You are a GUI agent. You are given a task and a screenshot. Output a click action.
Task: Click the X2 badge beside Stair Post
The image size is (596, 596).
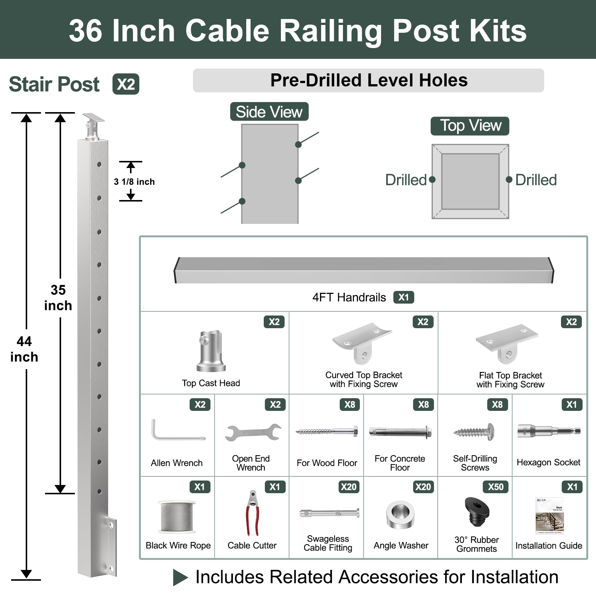pos(126,84)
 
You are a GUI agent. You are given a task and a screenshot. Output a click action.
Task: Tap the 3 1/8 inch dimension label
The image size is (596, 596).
pos(134,182)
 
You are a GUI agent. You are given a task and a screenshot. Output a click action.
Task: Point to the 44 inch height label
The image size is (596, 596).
pos(24,349)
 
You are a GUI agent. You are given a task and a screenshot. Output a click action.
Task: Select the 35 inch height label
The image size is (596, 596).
pos(58,298)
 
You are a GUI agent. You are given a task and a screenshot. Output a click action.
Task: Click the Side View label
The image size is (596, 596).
pos(269,112)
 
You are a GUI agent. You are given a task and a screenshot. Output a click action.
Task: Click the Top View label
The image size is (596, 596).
pos(470,126)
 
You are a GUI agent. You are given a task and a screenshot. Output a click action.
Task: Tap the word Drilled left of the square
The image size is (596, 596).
pos(406,180)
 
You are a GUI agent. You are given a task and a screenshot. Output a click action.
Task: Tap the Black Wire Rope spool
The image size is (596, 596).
pos(177,517)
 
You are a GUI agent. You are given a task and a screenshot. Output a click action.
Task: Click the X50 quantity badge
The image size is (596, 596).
pos(495,487)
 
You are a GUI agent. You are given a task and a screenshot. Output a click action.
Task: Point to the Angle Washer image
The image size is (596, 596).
pos(400,515)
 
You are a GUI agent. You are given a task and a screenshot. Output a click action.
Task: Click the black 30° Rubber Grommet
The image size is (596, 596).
pos(476,511)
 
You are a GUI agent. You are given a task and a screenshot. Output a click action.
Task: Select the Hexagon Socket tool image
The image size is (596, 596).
pos(549,431)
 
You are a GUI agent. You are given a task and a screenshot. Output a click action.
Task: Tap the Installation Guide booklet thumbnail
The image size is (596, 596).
pos(549,516)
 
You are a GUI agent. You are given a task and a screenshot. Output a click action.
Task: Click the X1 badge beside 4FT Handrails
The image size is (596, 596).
pos(403,297)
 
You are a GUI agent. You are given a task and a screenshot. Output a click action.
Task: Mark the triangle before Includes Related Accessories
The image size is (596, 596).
pos(180,577)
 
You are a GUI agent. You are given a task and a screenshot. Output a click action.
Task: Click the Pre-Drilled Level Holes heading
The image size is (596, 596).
pos(368,80)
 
